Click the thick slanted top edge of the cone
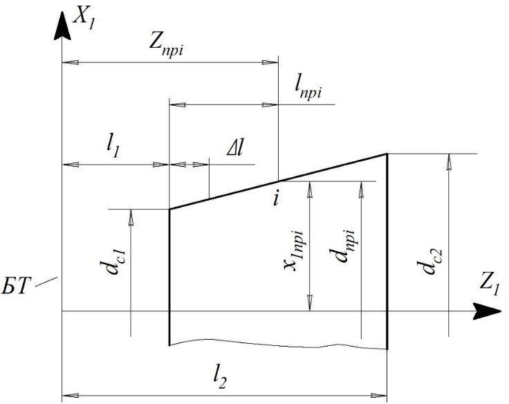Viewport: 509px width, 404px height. click(277, 181)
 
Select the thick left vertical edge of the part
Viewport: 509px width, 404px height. click(169, 277)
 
